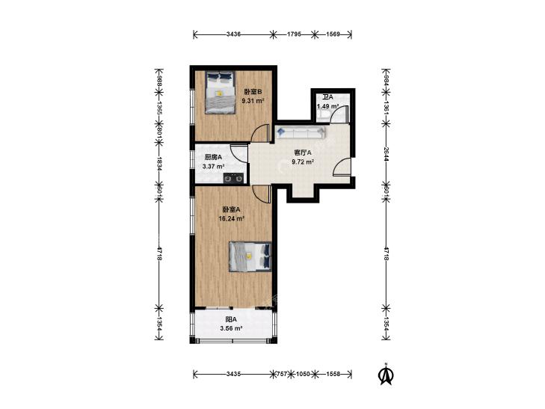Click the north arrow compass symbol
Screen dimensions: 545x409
pos(386,375)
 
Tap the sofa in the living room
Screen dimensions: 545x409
pos(301,132)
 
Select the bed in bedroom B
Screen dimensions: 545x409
pos(220,93)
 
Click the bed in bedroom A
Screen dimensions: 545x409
pos(250,256)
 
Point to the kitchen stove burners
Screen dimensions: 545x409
pos(233,178)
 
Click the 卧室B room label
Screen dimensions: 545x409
pos(253,92)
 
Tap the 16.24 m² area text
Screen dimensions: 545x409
pos(231,218)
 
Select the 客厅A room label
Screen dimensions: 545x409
pos(303,153)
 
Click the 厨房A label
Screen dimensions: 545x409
pos(213,157)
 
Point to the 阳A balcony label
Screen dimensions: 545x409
pos(231,319)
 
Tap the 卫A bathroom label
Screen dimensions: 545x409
pos(327,97)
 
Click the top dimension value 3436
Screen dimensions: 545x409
pos(233,34)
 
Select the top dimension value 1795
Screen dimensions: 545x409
pos(294,34)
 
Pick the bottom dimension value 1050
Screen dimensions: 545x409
pos(303,374)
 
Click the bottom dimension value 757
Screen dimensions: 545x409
pos(282,374)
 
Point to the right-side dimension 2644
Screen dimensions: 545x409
pos(387,153)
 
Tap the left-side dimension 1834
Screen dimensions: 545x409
pos(159,163)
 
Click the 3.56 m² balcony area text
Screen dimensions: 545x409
pos(231,328)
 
